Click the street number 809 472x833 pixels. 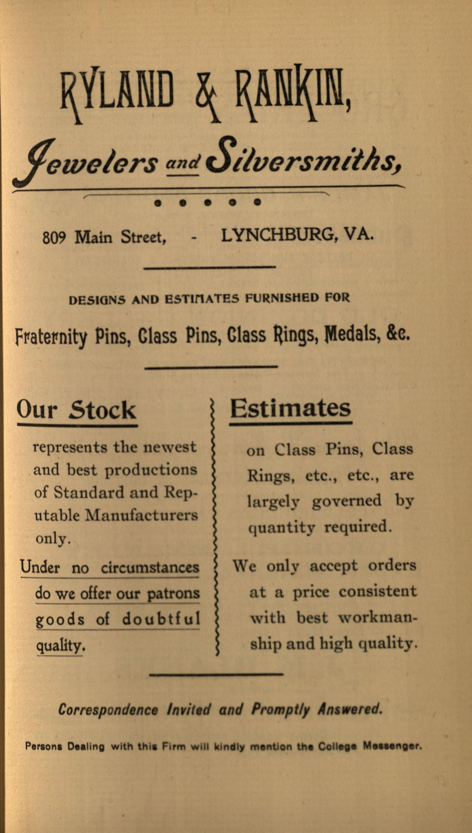(x=54, y=238)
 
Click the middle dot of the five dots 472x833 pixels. (x=208, y=203)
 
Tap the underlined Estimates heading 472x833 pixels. (x=291, y=408)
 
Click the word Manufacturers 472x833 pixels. (x=141, y=515)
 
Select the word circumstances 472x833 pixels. (x=150, y=568)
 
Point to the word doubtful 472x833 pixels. (x=161, y=619)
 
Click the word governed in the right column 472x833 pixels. (x=347, y=501)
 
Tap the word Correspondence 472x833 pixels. (x=108, y=710)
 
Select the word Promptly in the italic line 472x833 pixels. (x=281, y=709)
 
